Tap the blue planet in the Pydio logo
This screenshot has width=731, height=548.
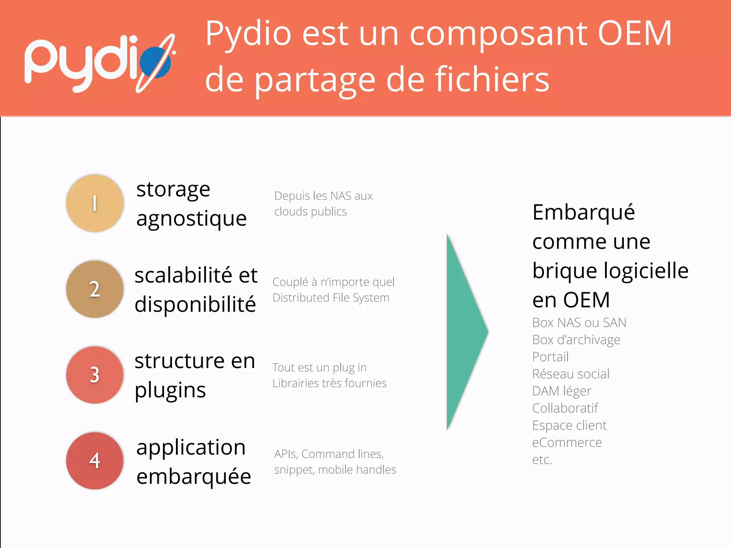point(155,63)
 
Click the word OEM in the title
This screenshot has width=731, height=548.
point(634,34)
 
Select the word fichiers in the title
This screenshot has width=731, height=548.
point(491,79)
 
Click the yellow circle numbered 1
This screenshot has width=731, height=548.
point(95,203)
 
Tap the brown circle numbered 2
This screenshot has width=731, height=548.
point(95,289)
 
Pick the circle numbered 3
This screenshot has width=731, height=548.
point(95,375)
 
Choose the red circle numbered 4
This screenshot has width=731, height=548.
point(95,461)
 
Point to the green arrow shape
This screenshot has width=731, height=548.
point(464,332)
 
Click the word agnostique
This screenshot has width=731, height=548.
point(191,218)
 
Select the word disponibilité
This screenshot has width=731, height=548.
point(195,304)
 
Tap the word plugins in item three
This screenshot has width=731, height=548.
point(170,390)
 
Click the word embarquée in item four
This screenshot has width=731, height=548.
point(193,476)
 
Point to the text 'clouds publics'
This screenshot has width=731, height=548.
point(310,212)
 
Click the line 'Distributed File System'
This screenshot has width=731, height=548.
point(331,298)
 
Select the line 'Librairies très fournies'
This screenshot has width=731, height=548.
point(329,383)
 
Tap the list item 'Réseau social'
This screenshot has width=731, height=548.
point(570,374)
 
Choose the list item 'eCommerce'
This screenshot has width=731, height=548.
point(567,442)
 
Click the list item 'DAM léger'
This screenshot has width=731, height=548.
point(561,391)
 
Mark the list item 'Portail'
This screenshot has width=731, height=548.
point(550,357)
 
